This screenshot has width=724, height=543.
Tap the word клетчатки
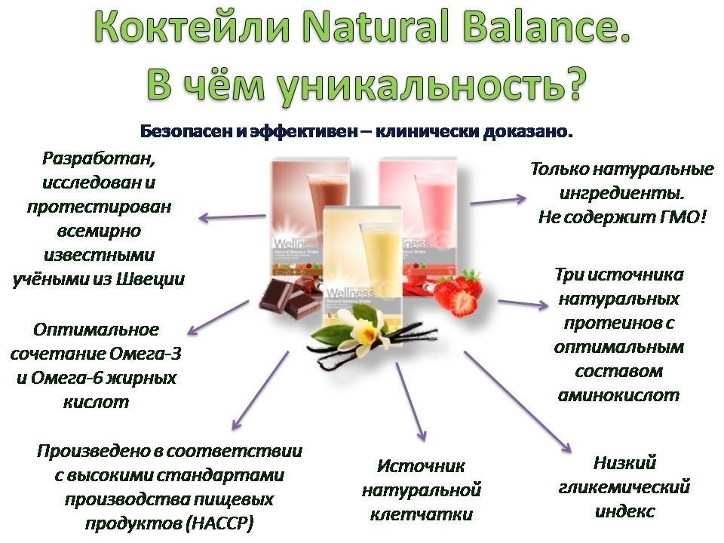coord(422,514)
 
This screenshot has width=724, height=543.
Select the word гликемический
coord(624,488)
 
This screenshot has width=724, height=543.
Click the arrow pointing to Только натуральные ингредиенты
coord(499,201)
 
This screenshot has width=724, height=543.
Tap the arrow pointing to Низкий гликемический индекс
coord(517,402)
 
